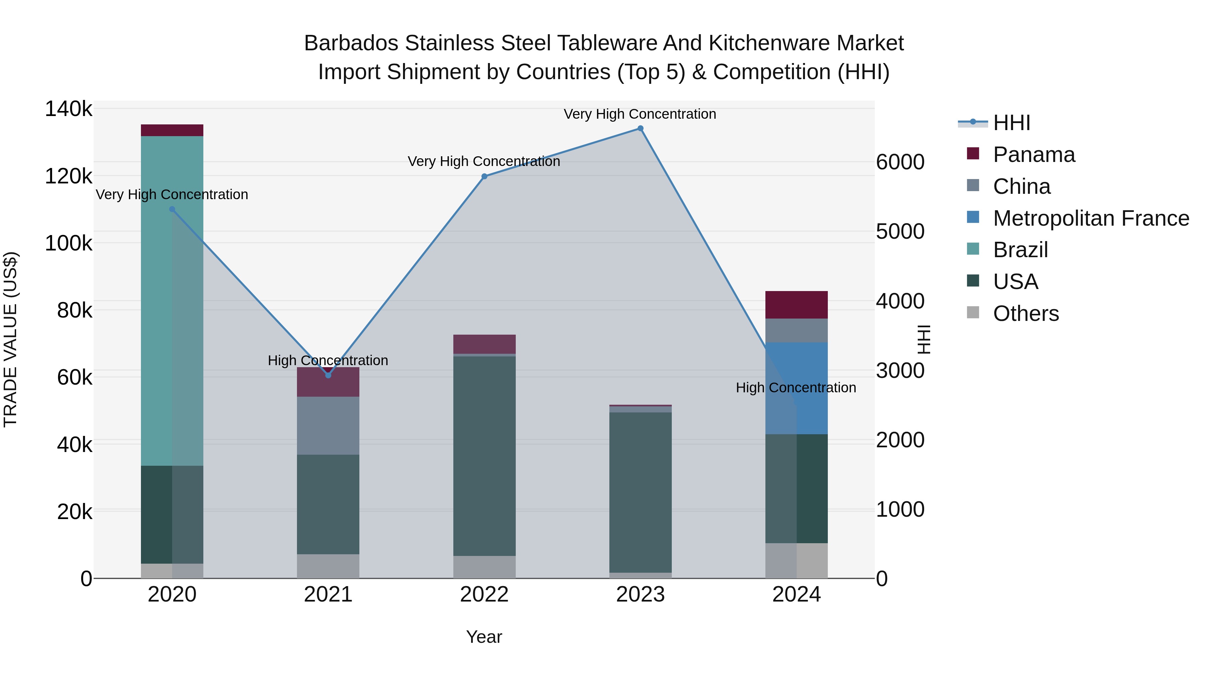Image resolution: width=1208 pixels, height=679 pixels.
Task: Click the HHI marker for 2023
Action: click(640, 128)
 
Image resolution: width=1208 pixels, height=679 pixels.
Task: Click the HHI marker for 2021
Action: click(328, 375)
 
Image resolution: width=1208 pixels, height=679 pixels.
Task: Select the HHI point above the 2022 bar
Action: click(485, 177)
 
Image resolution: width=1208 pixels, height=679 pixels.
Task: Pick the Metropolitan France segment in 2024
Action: click(796, 388)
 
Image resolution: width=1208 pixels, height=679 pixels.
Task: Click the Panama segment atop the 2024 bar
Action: click(796, 304)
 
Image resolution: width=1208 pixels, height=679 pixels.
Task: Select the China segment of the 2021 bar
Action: click(328, 426)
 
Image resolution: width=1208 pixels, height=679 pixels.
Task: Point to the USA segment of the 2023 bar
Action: click(640, 492)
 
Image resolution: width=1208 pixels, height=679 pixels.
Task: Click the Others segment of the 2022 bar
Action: click(485, 567)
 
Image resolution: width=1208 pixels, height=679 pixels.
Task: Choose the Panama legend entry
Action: click(1034, 155)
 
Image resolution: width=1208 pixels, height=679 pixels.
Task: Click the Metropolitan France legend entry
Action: click(1091, 218)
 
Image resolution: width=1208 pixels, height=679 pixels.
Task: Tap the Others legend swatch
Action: click(973, 313)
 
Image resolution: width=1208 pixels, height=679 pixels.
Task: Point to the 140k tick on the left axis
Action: click(68, 109)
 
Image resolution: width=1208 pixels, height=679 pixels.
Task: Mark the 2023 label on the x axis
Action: click(640, 595)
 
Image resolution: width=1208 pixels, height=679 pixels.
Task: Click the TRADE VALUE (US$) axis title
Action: click(10, 339)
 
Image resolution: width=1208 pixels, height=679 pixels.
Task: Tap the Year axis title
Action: click(484, 637)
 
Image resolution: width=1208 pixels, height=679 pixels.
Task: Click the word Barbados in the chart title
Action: click(351, 43)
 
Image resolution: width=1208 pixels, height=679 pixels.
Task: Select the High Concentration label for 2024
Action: click(796, 388)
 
